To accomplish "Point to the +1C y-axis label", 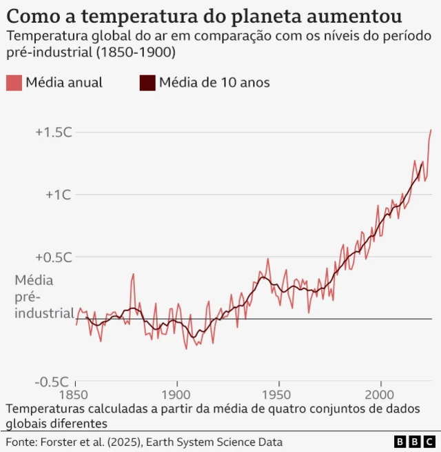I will click(59, 195).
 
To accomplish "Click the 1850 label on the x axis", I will click(75, 394).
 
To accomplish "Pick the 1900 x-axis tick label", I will click(177, 394).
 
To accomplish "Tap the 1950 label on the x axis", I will click(279, 394).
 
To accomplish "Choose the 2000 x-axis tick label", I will click(381, 394).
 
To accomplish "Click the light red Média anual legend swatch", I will click(14, 83).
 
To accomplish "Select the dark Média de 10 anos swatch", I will click(147, 83).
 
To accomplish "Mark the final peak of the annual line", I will click(431, 130).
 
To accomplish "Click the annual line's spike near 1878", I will click(132, 274).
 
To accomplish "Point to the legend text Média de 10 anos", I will click(214, 83).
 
